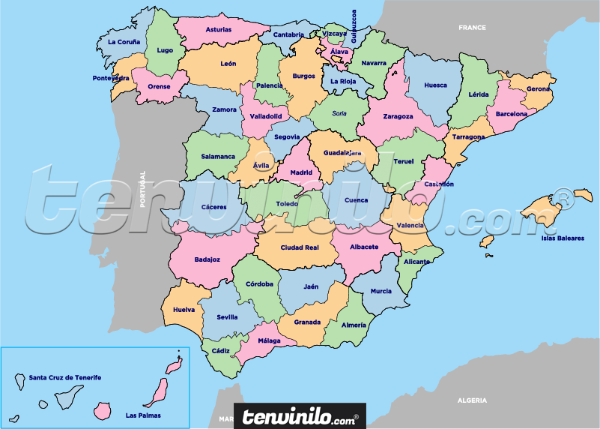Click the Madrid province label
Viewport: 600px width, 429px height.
coord(300,172)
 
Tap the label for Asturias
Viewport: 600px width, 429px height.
coord(218,30)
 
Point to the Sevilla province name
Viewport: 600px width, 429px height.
coord(227,316)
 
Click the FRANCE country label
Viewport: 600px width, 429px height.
coord(473,28)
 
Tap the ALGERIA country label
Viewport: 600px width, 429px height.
coord(472,400)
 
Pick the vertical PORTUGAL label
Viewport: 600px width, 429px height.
coord(142,190)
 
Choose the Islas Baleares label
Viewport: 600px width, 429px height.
coord(563,238)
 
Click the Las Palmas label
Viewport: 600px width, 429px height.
coord(143,415)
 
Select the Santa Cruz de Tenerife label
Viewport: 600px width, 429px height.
coord(65,377)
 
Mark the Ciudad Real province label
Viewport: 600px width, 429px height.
coord(300,247)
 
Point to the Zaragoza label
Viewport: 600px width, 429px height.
coord(398,116)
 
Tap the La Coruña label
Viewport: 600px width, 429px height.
coord(124,42)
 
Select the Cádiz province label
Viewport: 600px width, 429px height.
coord(221,351)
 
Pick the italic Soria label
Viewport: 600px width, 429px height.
coord(340,113)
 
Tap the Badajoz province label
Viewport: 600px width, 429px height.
coord(207,259)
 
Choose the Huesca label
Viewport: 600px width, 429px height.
coord(435,85)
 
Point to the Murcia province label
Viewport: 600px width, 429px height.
coord(381,291)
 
